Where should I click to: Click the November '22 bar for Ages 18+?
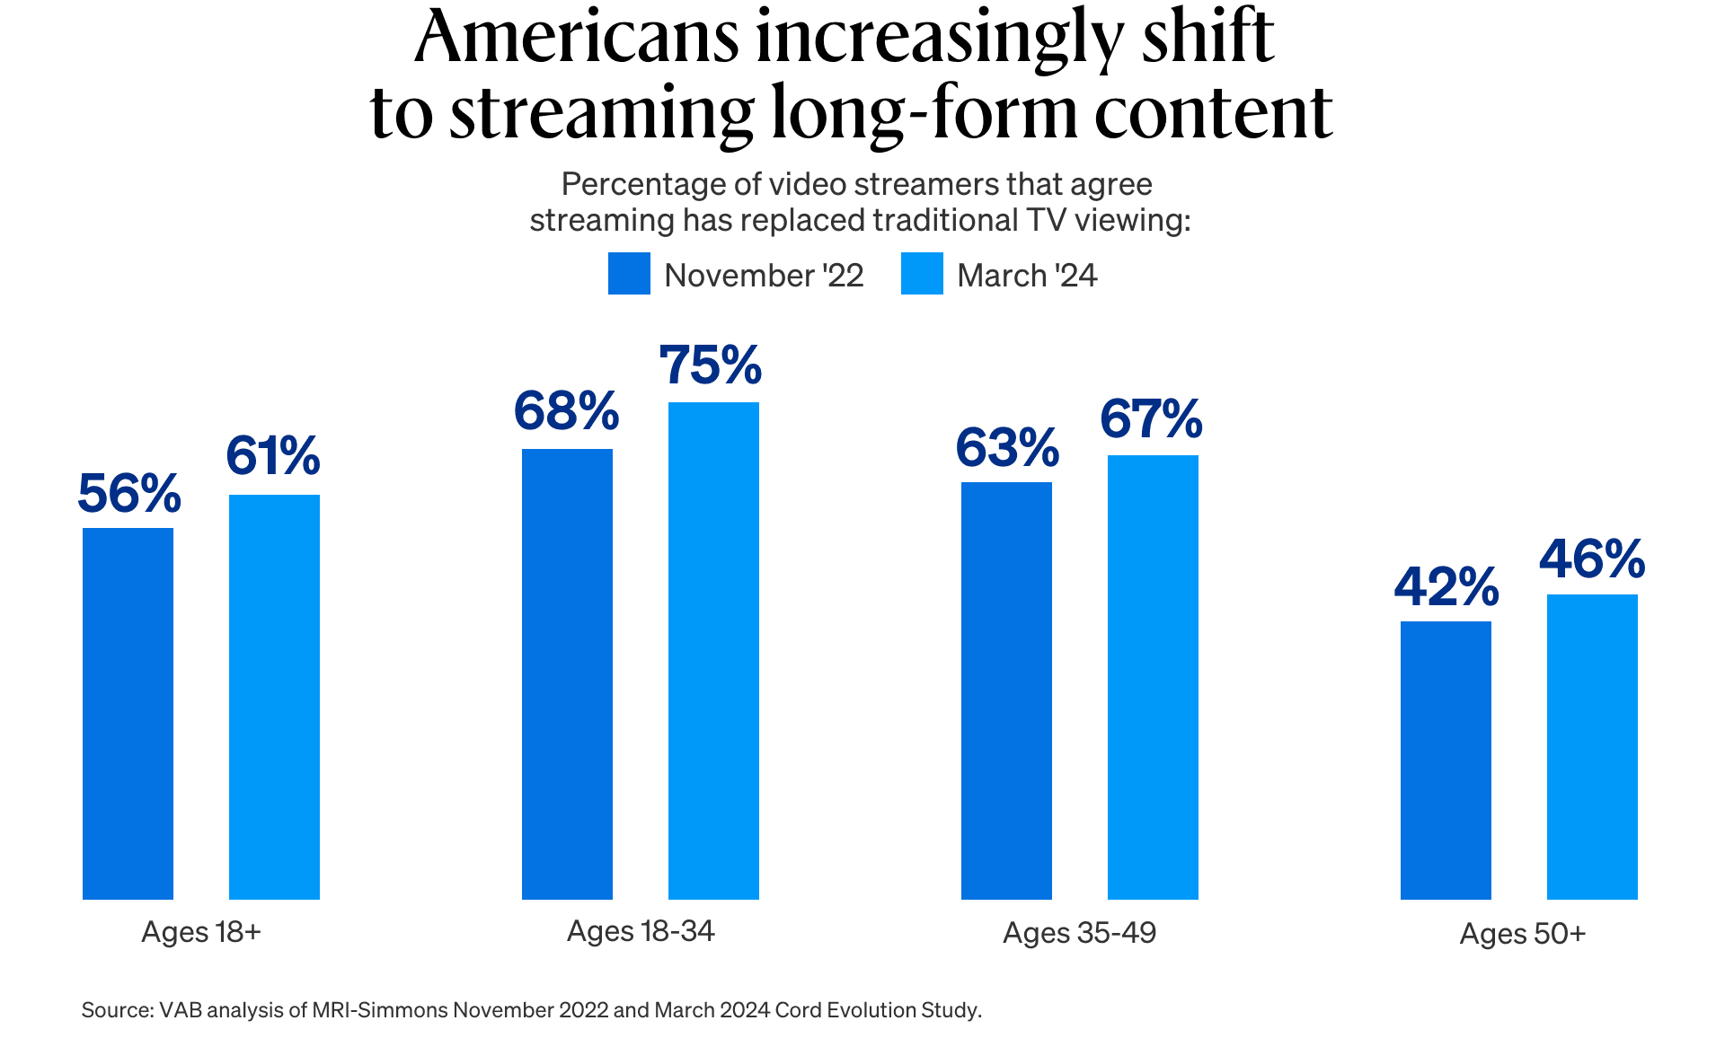point(128,714)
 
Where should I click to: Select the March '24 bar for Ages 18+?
point(274,697)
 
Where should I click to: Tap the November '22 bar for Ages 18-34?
point(567,673)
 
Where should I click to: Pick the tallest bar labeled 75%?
point(713,650)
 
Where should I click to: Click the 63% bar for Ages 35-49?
point(1006,691)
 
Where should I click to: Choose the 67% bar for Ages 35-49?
point(1153,677)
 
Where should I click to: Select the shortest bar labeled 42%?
point(1446,760)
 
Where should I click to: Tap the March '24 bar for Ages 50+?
point(1592,746)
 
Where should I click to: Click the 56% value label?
point(129,494)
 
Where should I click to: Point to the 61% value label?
point(273,456)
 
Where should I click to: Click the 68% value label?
point(566,412)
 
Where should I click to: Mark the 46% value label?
point(1592,559)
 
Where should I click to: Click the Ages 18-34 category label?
point(641,931)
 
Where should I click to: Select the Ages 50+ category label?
point(1522,934)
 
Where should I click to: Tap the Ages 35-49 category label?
point(1079,933)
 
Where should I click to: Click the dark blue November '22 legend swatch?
point(629,274)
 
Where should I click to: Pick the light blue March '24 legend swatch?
point(922,274)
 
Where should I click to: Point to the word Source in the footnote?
point(117,1010)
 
